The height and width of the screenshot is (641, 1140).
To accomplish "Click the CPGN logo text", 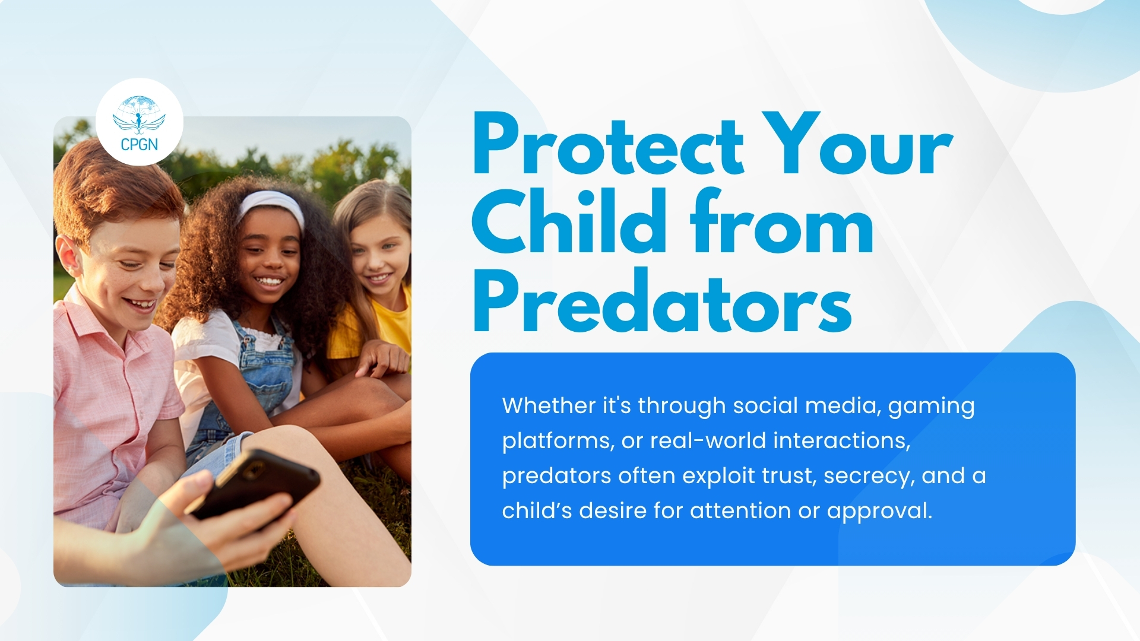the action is point(139,144).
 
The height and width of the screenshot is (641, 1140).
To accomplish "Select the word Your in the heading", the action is point(857,144).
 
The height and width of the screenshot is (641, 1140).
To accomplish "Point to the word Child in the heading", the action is point(569,221).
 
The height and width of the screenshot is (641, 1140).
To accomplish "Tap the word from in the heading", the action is point(781,221).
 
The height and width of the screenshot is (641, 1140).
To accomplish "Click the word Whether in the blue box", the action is point(549,405).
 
